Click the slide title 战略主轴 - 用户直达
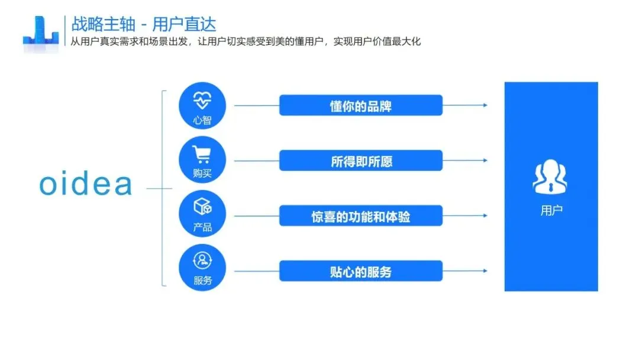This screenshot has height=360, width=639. click(x=144, y=24)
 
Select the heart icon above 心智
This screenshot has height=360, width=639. click(x=202, y=101)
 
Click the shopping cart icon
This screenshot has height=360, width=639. click(x=202, y=155)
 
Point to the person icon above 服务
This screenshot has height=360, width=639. click(x=202, y=261)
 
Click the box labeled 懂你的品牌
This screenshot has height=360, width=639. click(x=360, y=105)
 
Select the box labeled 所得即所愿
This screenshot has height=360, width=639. click(x=360, y=160)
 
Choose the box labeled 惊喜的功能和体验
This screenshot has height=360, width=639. click(x=360, y=216)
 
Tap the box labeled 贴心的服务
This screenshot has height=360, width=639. click(x=360, y=271)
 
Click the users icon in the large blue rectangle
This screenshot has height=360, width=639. click(x=550, y=177)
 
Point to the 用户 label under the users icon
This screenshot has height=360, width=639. click(x=551, y=210)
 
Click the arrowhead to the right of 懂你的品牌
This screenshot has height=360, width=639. click(x=485, y=105)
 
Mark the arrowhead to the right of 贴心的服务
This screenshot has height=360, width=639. click(x=485, y=271)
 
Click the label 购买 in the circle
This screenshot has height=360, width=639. click(x=202, y=174)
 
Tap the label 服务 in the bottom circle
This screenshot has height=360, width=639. click(x=202, y=281)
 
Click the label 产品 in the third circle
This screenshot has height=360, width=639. click(x=202, y=227)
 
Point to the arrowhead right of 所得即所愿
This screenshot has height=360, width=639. click(x=485, y=160)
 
